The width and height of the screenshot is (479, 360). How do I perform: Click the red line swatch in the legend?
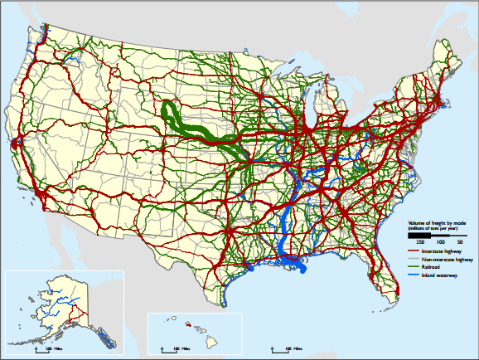(x=413, y=250)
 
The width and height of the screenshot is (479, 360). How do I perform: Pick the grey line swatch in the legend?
(x=413, y=260)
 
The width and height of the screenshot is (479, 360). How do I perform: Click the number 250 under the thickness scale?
(x=420, y=241)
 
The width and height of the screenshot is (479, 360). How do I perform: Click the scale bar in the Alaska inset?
(x=42, y=349)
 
